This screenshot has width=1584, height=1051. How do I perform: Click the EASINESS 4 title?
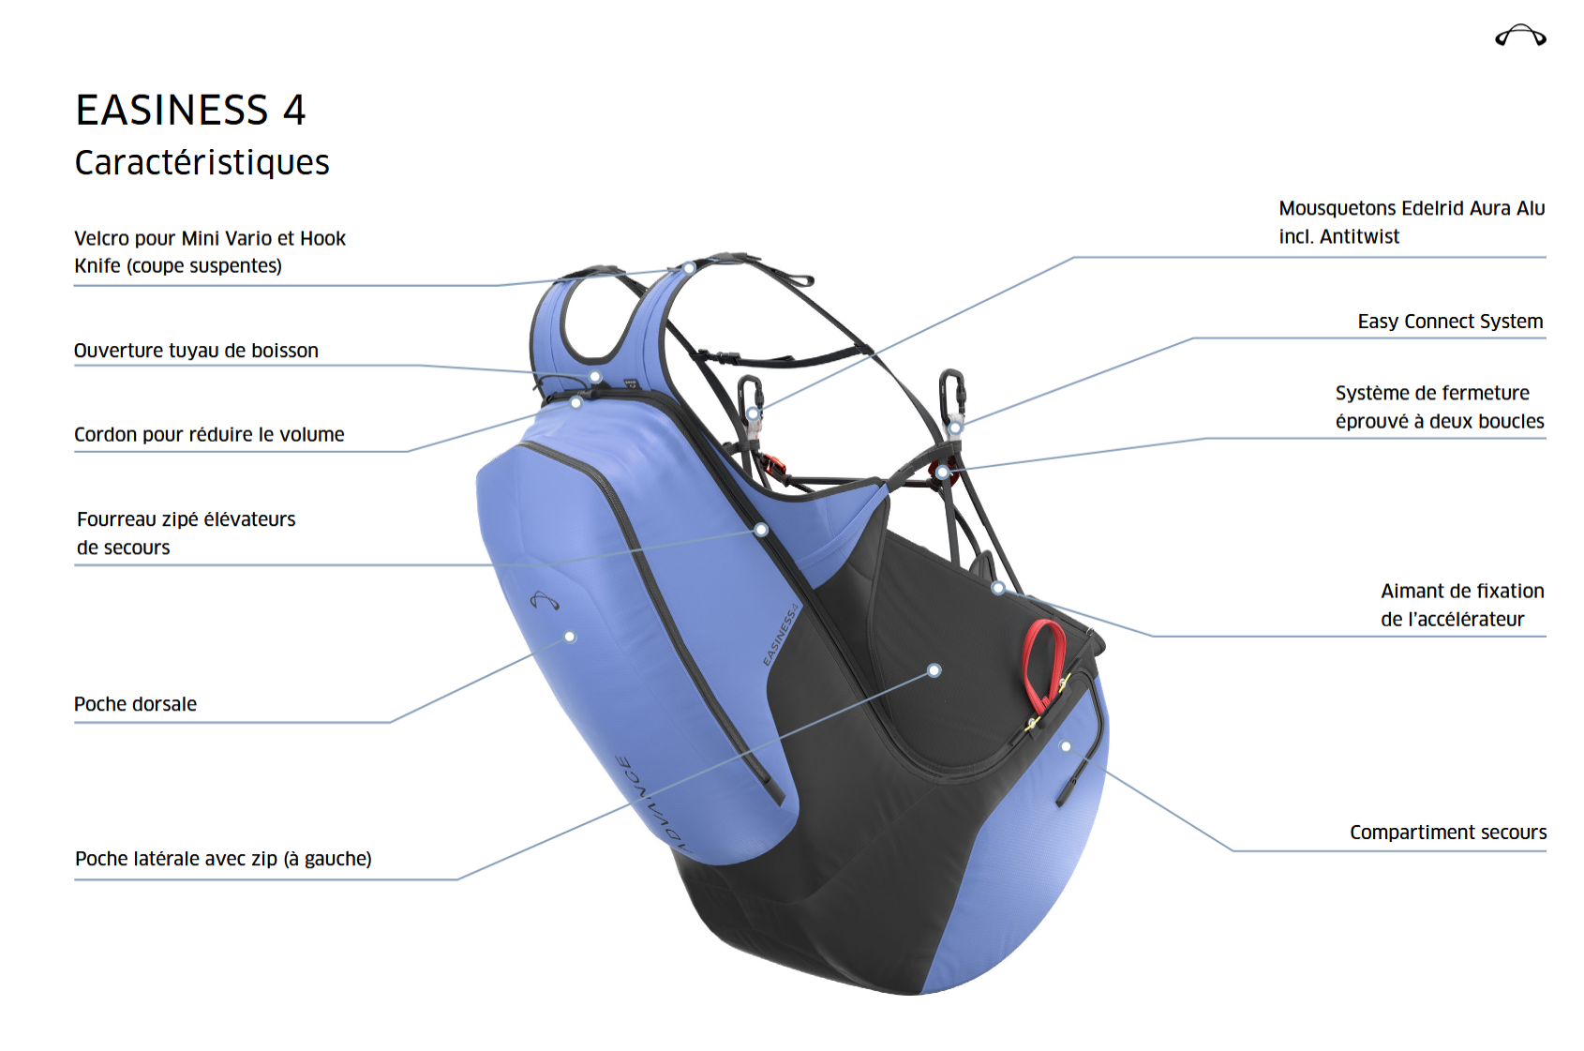pyautogui.click(x=190, y=111)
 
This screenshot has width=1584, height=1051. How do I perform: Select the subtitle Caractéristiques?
pyautogui.click(x=202, y=162)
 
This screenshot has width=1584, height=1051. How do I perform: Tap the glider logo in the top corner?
pyautogui.click(x=1520, y=37)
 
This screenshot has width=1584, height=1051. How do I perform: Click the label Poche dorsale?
pyautogui.click(x=135, y=704)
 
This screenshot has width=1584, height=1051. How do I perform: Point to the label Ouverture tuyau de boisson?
pyautogui.click(x=196, y=351)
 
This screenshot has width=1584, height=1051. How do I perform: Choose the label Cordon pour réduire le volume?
pyautogui.click(x=209, y=435)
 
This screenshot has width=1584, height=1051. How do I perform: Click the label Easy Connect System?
pyautogui.click(x=1450, y=322)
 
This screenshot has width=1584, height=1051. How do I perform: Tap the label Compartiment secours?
pyautogui.click(x=1448, y=833)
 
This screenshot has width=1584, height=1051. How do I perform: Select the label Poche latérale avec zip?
pyautogui.click(x=223, y=859)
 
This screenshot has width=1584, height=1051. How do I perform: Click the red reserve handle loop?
pyautogui.click(x=1044, y=665)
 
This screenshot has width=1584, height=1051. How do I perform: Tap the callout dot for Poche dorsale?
pyautogui.click(x=570, y=637)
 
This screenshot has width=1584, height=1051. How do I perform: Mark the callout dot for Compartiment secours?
pyautogui.click(x=1066, y=746)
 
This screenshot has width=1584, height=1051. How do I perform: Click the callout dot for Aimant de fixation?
pyautogui.click(x=998, y=588)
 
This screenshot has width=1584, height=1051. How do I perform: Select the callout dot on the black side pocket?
pyautogui.click(x=934, y=670)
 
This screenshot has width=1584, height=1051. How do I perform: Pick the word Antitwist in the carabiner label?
pyautogui.click(x=1359, y=237)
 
